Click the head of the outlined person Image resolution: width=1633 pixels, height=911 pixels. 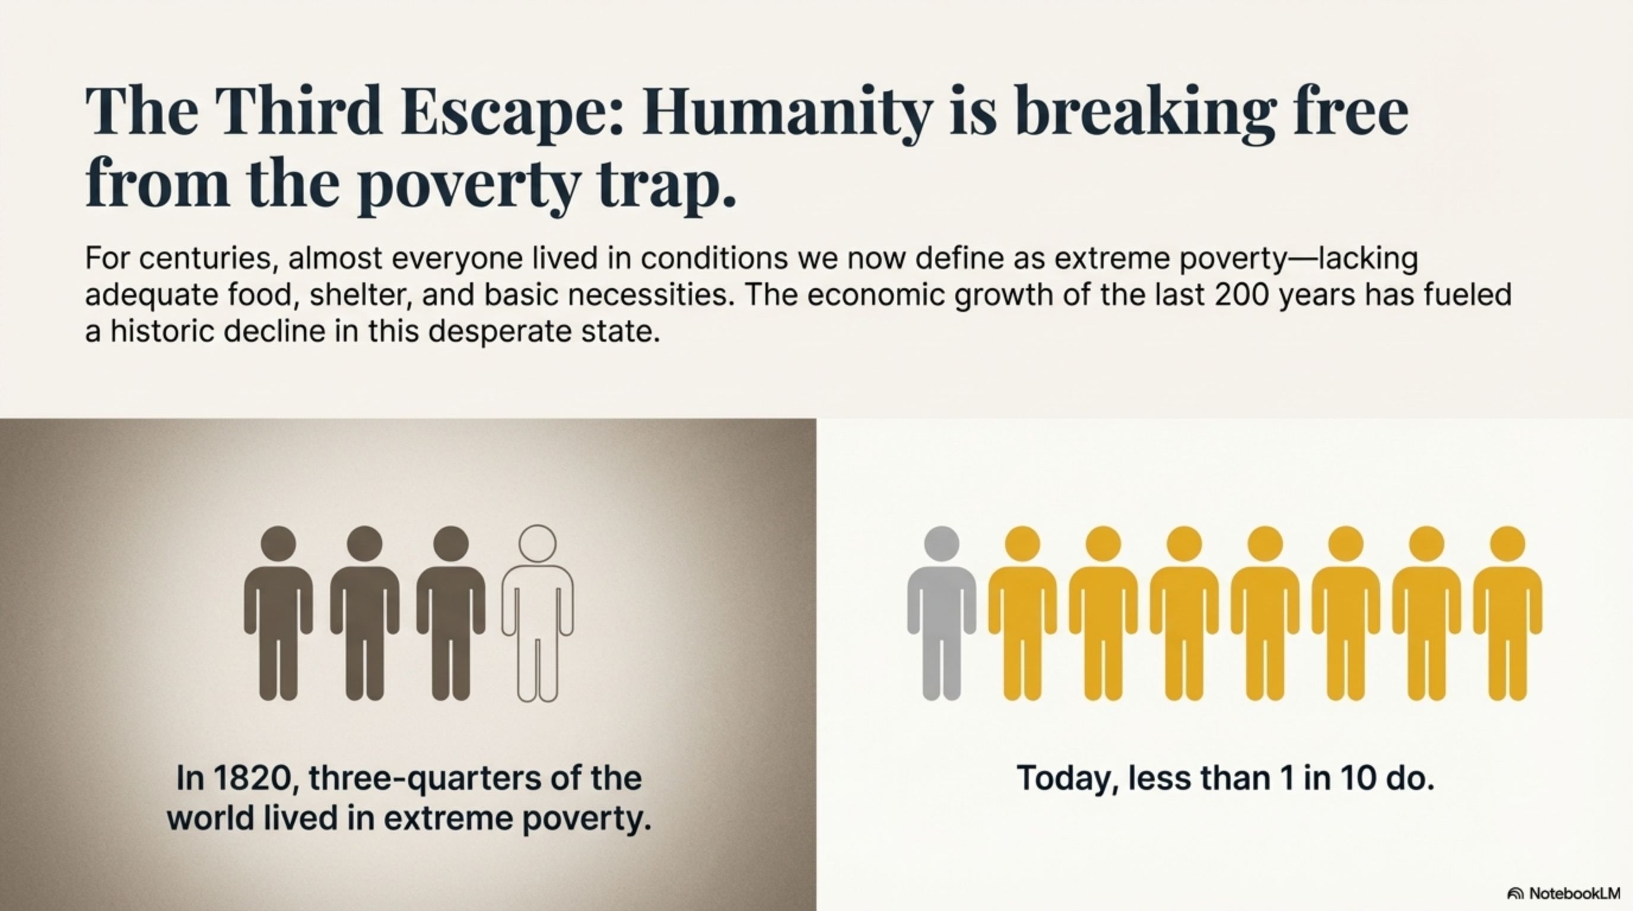pyautogui.click(x=537, y=543)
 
